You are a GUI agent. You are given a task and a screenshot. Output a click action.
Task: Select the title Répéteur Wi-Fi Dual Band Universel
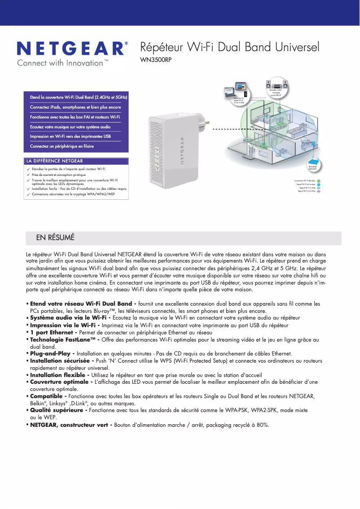[x=230, y=47]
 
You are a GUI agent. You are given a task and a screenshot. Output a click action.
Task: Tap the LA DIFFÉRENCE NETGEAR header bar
[x=76, y=161]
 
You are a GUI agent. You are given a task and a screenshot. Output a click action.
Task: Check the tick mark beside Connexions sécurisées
[x=28, y=195]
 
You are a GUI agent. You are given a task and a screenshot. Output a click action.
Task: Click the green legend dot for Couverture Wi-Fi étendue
[x=319, y=180]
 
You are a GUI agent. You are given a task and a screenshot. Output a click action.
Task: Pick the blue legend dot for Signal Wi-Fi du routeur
[x=319, y=184]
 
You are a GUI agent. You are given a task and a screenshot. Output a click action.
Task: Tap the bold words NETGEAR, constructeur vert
[x=71, y=425]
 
